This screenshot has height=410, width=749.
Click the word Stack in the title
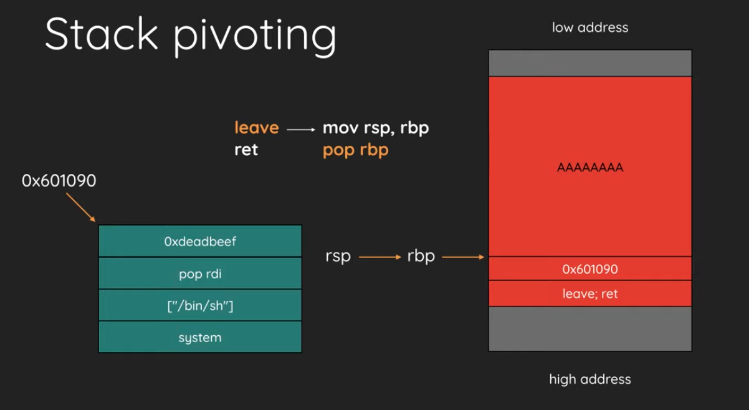coord(102,34)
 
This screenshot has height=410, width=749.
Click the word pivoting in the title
coord(255,37)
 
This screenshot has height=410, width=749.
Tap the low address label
coord(590,27)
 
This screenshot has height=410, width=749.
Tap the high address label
coord(590,379)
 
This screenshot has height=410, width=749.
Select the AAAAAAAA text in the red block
coord(590,167)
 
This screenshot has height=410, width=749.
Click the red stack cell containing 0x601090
coord(590,269)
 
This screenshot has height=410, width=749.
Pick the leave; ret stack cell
coord(590,293)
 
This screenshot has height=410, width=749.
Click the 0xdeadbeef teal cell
coord(200,241)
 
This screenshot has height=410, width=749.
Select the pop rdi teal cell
coord(200,273)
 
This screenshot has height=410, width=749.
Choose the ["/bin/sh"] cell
coord(200,305)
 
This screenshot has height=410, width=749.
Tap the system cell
coord(200,336)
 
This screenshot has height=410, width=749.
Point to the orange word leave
coord(257,127)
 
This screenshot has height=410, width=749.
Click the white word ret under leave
coord(246,150)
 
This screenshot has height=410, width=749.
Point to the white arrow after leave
coord(301,130)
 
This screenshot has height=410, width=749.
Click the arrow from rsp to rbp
coord(380,257)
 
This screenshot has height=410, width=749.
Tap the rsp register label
coord(338,257)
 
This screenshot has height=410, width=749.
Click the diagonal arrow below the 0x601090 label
coord(80,207)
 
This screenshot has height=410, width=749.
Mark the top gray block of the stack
coord(590,63)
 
